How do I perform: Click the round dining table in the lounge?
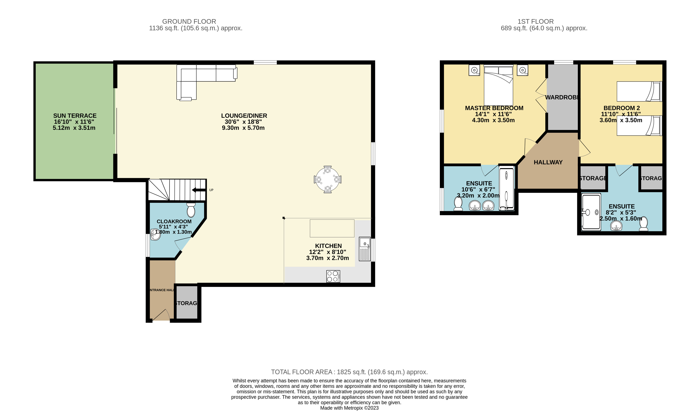[x=328, y=179]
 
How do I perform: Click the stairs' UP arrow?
[x=198, y=190]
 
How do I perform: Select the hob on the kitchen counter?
[x=333, y=276]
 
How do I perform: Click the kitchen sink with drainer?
[x=365, y=249]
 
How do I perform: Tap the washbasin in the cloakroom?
[x=155, y=235]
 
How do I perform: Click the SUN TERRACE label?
[x=75, y=116]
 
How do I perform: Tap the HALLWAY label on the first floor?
[x=548, y=162]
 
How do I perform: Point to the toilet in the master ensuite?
[x=458, y=204]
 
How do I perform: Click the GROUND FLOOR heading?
[x=189, y=21]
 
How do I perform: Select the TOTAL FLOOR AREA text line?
[x=349, y=372]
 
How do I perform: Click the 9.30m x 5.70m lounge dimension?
[x=243, y=128]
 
